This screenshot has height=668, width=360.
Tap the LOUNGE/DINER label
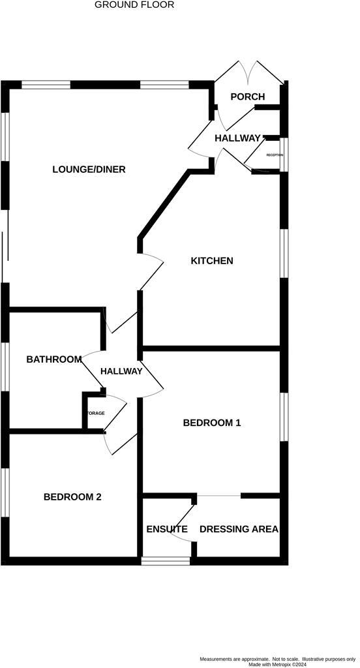click(89, 170)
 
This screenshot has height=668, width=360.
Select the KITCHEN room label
click(211, 261)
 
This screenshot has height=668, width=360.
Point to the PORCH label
click(248, 97)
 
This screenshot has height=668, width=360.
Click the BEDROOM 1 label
click(212, 423)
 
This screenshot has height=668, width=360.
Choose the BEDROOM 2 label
click(72, 497)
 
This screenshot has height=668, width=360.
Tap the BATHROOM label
click(54, 359)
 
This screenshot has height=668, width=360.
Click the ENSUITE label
click(167, 529)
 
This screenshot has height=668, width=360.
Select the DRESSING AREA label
click(239, 529)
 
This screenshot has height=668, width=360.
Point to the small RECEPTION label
click(275, 155)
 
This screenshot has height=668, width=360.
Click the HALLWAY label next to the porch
click(237, 138)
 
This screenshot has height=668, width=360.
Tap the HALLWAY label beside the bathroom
click(121, 371)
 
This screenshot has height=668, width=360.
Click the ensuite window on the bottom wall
click(166, 560)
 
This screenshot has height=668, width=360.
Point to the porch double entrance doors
click(249, 72)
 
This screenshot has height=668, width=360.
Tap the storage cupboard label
click(96, 413)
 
